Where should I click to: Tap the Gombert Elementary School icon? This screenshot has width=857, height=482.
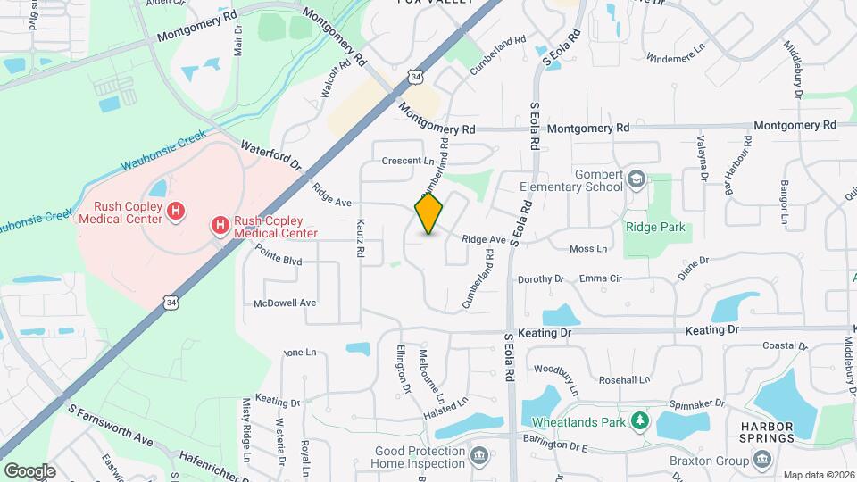(636, 179)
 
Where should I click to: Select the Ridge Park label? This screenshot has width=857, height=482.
(655, 228)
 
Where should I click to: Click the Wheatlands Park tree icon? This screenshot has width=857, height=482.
(638, 420)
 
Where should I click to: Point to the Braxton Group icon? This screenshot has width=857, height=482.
(761, 459)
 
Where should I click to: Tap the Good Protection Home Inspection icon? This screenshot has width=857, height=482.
(478, 457)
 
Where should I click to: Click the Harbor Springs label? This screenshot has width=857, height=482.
(767, 432)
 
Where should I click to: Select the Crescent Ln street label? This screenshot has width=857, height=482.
(407, 161)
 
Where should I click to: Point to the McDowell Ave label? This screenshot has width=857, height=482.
(285, 303)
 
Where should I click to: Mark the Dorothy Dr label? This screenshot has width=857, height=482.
(541, 278)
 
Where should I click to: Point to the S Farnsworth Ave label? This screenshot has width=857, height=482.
(112, 426)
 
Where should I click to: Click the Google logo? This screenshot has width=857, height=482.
(29, 470)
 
